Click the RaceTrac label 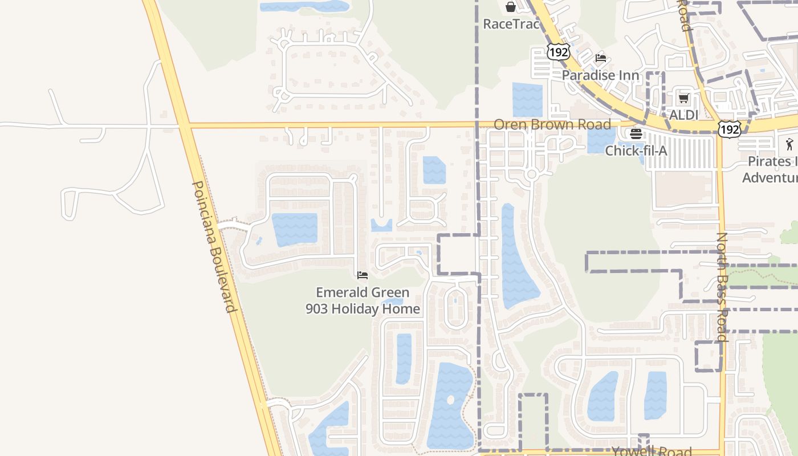coord(511,24)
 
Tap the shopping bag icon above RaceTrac coord(511,7)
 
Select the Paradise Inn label coord(600,75)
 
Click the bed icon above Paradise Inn coord(600,58)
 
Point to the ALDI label coord(683,115)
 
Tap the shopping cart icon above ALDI coord(683,99)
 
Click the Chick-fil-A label coord(636,151)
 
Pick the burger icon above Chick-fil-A coord(636,134)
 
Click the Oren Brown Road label coord(552,124)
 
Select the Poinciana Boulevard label coord(214,247)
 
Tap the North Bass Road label coord(722,287)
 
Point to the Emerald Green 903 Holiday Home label coord(363,301)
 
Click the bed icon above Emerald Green coord(363,275)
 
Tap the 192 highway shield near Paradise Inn coord(557,52)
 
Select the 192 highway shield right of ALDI coord(730,129)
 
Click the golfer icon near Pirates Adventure coord(789,144)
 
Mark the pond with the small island coord(450,405)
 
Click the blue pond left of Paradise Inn coord(527,100)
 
